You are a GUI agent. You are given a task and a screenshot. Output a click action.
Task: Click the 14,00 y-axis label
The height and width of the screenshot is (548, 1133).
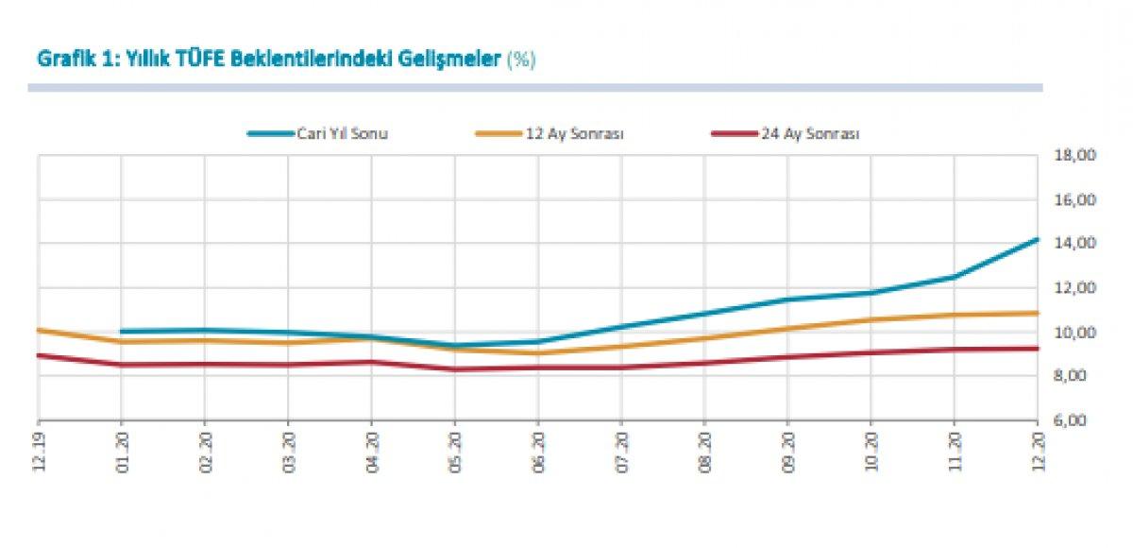click(x=1075, y=244)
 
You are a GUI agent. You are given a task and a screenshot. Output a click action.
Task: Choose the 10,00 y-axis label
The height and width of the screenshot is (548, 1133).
click(x=1075, y=333)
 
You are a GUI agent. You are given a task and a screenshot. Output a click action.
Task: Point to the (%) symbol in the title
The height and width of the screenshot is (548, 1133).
click(x=521, y=60)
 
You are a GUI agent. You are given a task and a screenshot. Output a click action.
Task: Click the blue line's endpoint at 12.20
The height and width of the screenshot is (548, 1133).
click(x=1037, y=240)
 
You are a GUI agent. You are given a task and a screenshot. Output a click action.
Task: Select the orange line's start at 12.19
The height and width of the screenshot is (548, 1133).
click(x=39, y=330)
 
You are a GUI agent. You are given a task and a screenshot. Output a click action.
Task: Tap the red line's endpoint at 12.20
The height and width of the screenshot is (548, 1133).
click(x=1037, y=349)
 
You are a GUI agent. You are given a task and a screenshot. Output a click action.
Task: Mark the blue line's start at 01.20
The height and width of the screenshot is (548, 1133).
click(x=122, y=332)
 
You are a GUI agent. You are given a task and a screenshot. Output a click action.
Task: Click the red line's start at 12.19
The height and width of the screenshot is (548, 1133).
click(x=39, y=355)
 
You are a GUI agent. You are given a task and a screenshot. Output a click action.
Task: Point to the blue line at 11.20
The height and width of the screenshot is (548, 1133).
click(x=954, y=277)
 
